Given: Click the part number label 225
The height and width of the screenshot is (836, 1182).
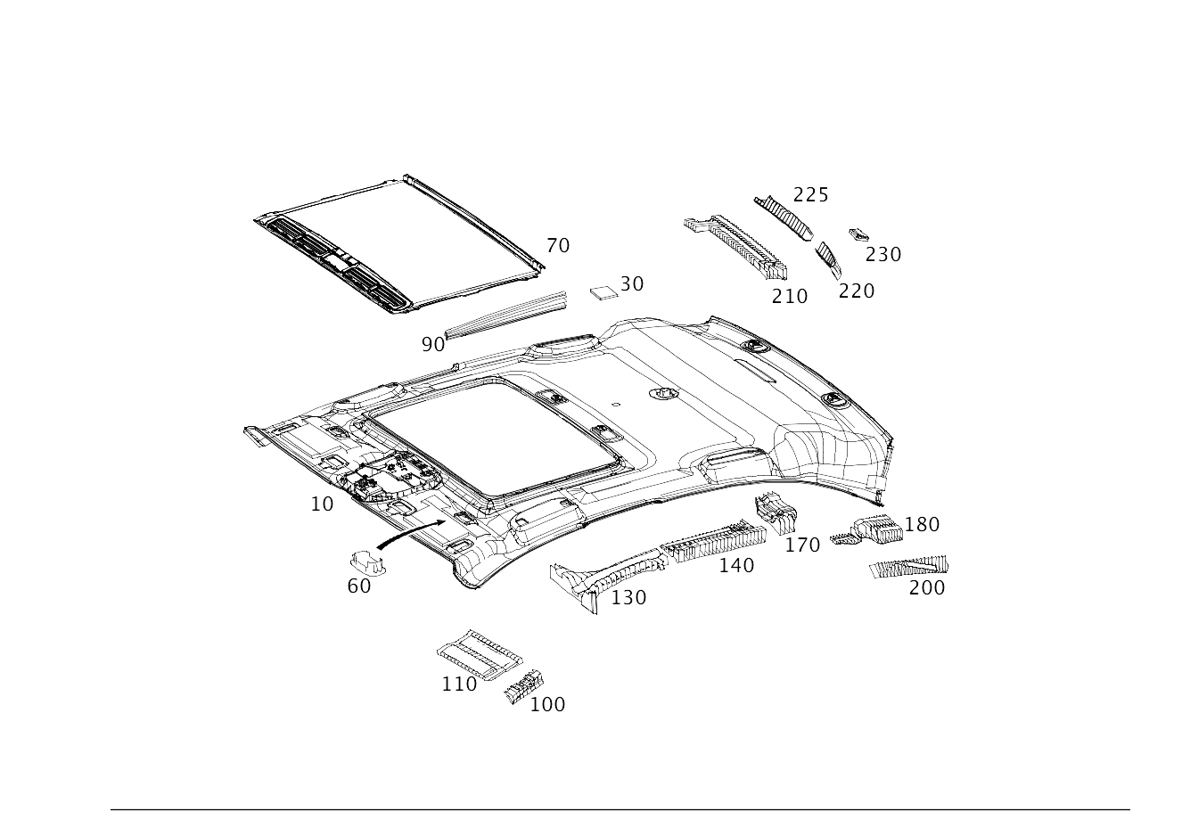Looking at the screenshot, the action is (811, 195).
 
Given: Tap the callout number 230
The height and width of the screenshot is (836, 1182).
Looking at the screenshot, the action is (883, 255).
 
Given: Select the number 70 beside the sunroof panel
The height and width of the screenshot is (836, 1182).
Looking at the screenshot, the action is (558, 246).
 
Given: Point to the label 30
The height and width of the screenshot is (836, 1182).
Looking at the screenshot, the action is (632, 284).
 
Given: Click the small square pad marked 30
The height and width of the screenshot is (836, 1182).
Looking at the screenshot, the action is (604, 292).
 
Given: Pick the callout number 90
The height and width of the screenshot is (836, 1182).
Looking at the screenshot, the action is (432, 344).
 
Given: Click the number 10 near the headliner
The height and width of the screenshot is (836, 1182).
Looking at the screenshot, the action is (322, 504).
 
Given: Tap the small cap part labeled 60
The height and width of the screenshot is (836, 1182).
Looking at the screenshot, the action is (367, 561).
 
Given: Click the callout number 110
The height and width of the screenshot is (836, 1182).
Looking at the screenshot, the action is (459, 684).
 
